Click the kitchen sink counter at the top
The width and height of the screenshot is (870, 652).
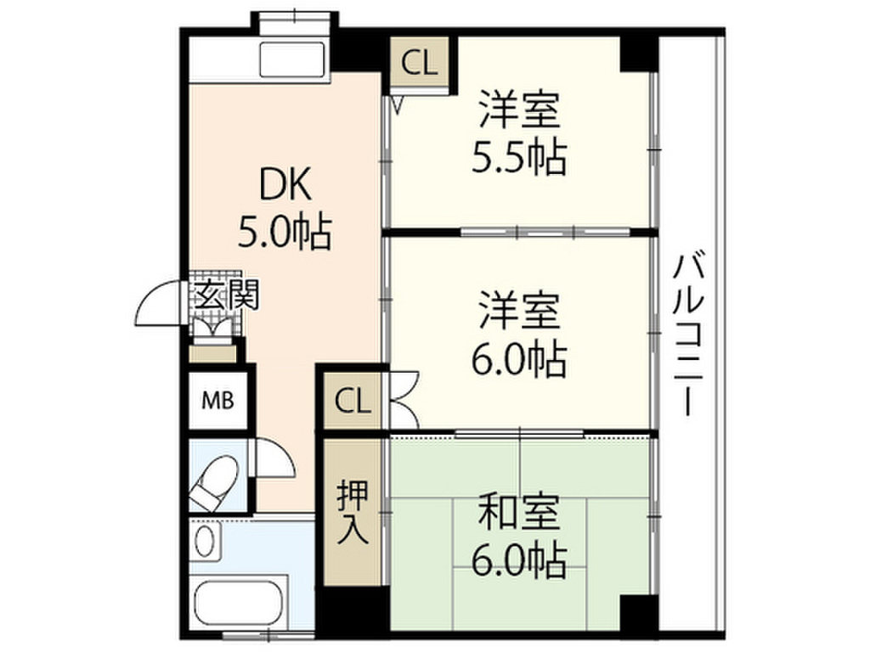point(294,59)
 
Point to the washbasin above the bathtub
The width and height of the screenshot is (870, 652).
point(204,542)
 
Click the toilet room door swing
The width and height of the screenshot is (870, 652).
point(272,458)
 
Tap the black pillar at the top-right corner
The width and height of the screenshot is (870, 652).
point(639,55)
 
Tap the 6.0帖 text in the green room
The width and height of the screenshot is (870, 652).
point(519,558)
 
